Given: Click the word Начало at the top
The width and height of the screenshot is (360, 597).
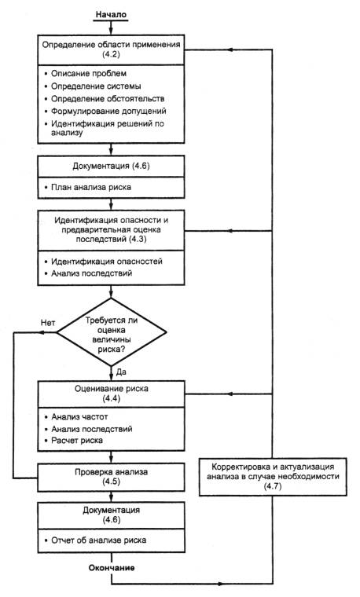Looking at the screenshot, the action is pyautogui.click(x=111, y=14).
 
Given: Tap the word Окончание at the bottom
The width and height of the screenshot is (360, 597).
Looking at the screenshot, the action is pyautogui.click(x=112, y=568).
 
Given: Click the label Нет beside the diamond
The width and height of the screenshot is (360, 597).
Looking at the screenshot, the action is pyautogui.click(x=48, y=323).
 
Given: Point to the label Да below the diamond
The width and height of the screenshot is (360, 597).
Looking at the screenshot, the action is pyautogui.click(x=121, y=372).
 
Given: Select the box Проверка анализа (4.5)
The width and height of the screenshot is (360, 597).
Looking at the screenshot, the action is pyautogui.click(x=112, y=477).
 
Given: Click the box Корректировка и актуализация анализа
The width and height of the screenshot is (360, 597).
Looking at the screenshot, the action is pyautogui.click(x=273, y=477).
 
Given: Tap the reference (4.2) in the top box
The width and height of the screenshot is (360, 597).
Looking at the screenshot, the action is pyautogui.click(x=112, y=54).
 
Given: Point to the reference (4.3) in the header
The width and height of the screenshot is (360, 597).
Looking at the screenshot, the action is pyautogui.click(x=138, y=240).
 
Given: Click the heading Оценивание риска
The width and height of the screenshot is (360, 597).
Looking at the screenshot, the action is pyautogui.click(x=112, y=389).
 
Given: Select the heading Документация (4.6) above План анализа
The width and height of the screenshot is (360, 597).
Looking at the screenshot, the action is pyautogui.click(x=112, y=167).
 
